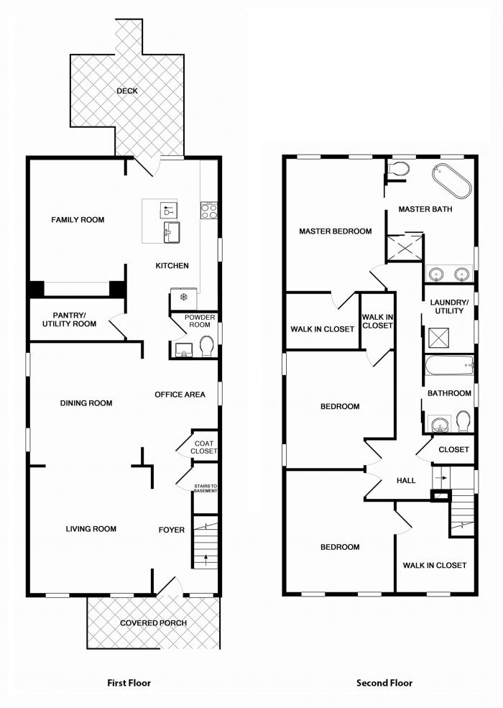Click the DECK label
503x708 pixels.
[x=127, y=91]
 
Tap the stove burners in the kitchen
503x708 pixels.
[x=209, y=211]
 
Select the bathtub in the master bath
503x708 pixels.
[x=451, y=182]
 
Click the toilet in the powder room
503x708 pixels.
[x=207, y=346]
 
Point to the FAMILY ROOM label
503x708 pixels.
[x=78, y=220]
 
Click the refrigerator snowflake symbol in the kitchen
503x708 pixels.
[x=183, y=297]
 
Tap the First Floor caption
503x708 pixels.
[x=129, y=683]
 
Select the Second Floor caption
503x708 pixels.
[x=384, y=683]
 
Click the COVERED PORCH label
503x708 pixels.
[x=153, y=623]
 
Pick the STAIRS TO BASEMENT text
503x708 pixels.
[x=206, y=489]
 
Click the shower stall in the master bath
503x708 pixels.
[x=405, y=247]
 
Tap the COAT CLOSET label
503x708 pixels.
[x=203, y=448]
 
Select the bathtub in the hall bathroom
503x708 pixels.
[x=449, y=365]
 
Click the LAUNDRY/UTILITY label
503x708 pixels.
[x=449, y=307]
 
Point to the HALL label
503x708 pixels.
[x=406, y=480]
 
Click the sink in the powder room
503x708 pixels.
[x=184, y=350]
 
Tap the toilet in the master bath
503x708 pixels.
[x=398, y=169]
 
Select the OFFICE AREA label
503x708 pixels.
[x=180, y=395]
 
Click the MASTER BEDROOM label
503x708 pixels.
[x=336, y=231]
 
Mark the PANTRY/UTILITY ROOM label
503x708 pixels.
[x=70, y=320]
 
